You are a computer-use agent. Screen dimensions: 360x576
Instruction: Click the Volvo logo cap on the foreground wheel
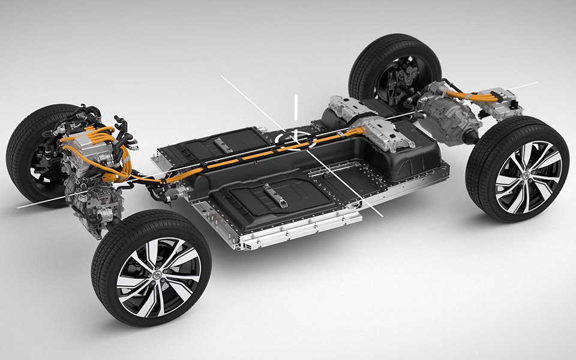coord(157,277)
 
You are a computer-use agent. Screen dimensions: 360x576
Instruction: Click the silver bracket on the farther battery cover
coord(223,145)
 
